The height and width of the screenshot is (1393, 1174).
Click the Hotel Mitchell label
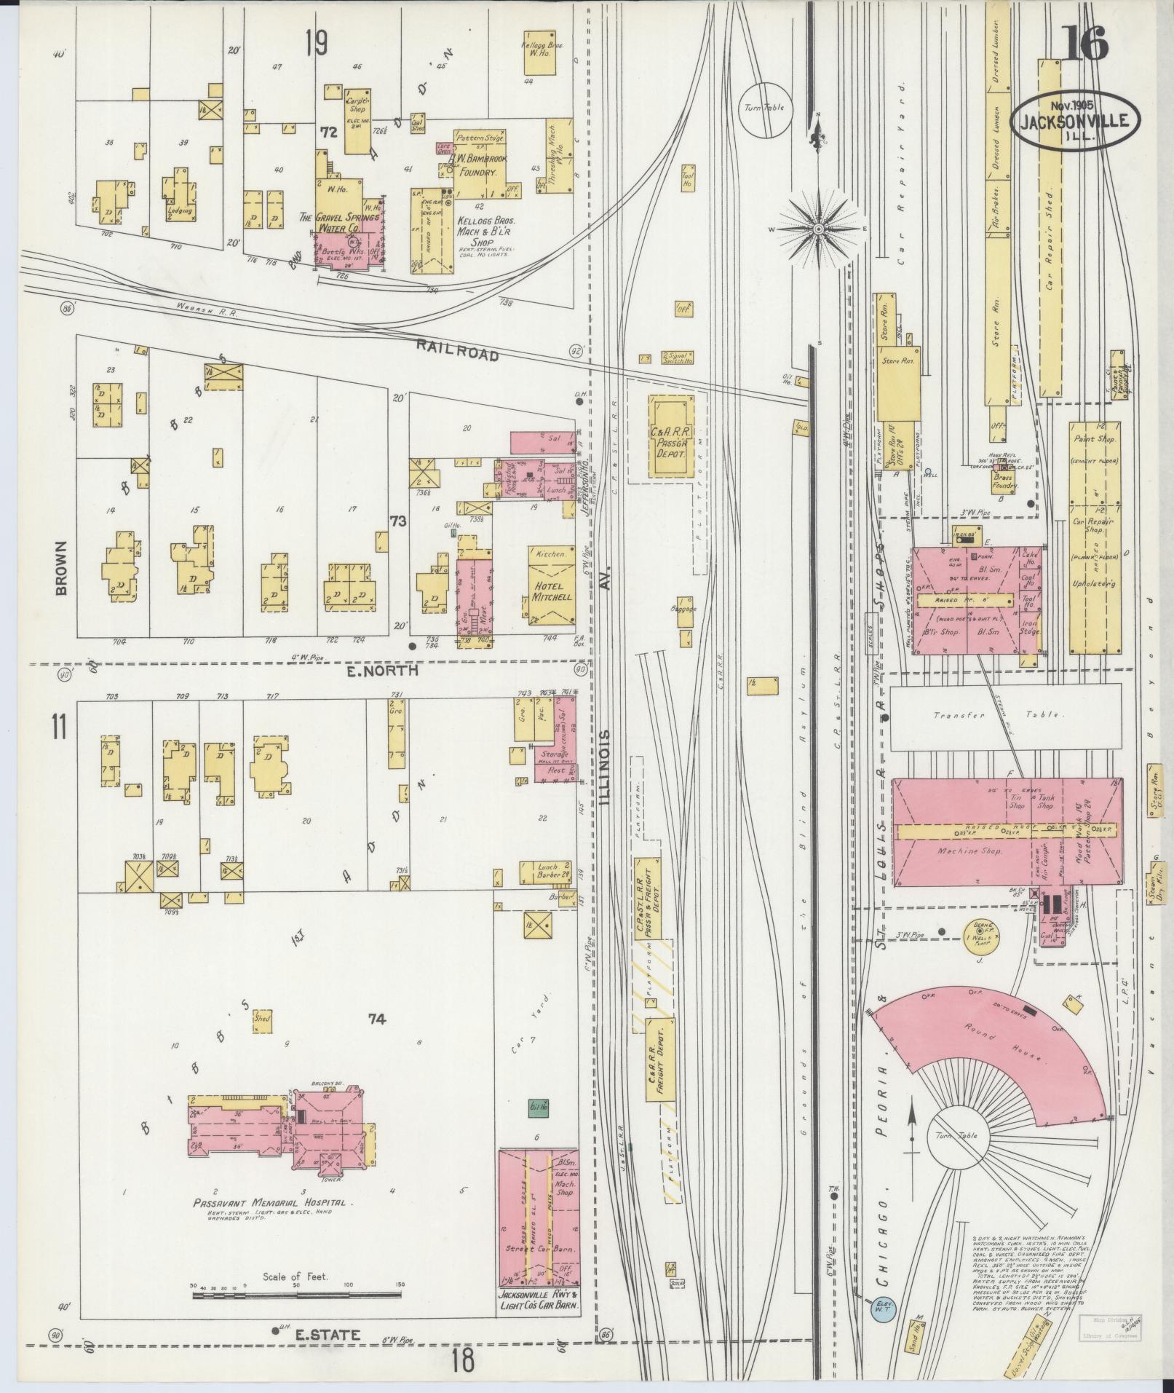coord(551,591)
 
